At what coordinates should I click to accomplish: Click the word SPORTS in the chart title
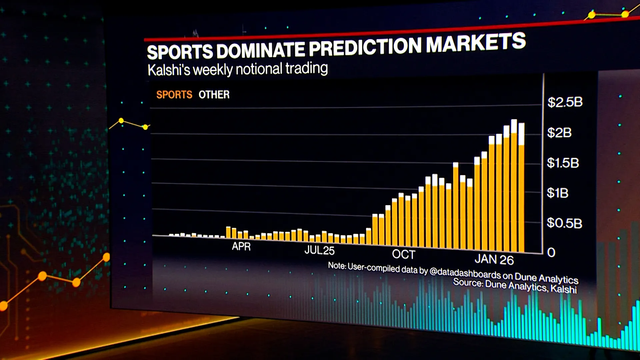pos(180,52)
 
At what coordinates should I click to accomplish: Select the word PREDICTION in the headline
pos(365,47)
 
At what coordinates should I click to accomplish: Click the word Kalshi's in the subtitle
pos(169,70)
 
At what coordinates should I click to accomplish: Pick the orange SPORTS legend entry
pos(174,95)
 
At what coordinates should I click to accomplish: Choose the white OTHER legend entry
pos(214,95)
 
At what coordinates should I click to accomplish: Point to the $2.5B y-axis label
pos(565,102)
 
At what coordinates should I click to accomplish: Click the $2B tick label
pos(559,133)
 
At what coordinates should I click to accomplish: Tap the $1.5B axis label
pos(563,163)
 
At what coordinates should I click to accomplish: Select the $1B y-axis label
pos(558,193)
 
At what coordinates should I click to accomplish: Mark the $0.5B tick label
pos(564,223)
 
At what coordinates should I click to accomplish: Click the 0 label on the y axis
pos(551,252)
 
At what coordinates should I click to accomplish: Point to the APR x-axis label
pos(241,246)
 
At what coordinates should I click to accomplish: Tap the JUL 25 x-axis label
pos(319,250)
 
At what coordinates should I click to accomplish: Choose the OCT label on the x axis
pos(404,254)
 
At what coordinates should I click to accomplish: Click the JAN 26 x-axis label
pos(494,259)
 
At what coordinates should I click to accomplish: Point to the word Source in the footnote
pos(467,282)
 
